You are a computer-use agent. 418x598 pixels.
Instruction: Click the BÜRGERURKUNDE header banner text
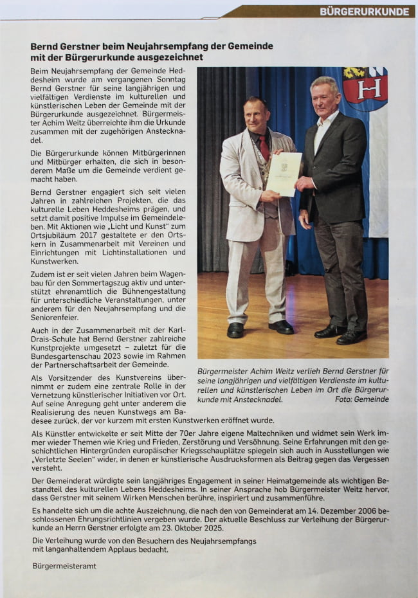pos(364,12)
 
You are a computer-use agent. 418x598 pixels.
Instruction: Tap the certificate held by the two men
pos(284,173)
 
